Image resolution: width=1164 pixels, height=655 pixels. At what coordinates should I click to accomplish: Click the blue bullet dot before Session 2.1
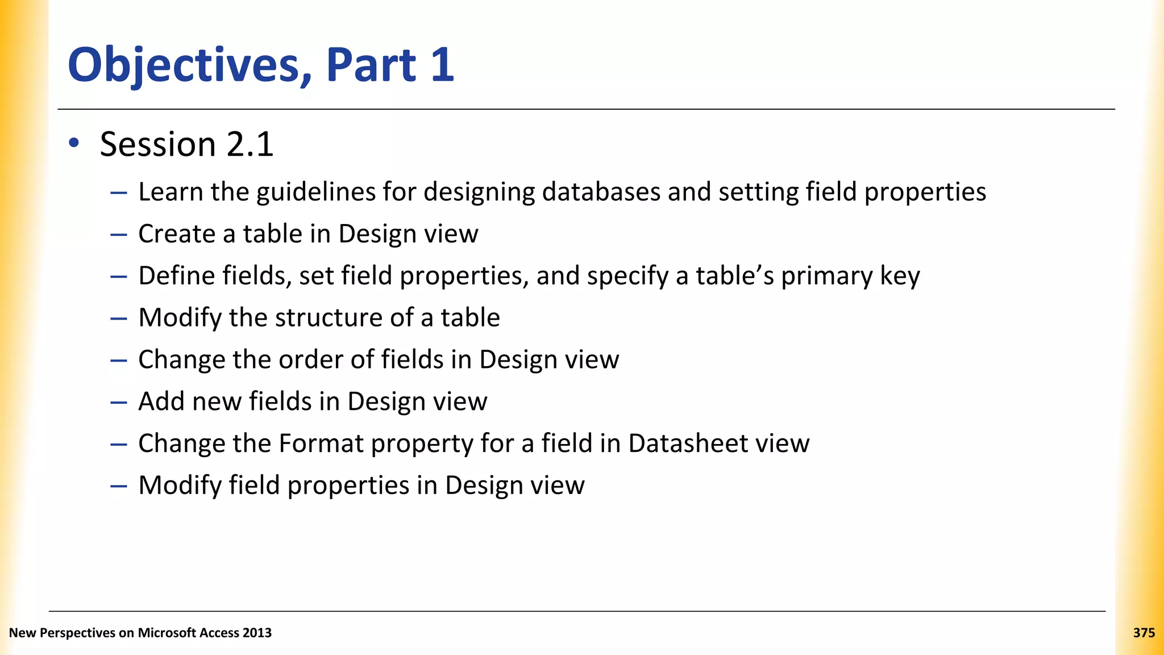click(x=74, y=143)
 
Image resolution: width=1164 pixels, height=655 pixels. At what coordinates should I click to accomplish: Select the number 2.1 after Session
click(x=250, y=144)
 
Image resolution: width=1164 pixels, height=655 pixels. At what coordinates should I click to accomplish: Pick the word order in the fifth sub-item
click(x=306, y=360)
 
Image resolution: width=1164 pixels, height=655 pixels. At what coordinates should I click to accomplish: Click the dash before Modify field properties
click(x=118, y=486)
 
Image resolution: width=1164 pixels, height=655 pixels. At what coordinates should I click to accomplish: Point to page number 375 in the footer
click(x=1144, y=633)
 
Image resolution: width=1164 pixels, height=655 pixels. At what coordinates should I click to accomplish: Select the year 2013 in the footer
click(x=257, y=633)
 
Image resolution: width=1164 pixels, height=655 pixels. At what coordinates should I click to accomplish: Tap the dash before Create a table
click(x=118, y=234)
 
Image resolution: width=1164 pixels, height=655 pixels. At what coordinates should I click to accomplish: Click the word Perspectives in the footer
click(x=77, y=633)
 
